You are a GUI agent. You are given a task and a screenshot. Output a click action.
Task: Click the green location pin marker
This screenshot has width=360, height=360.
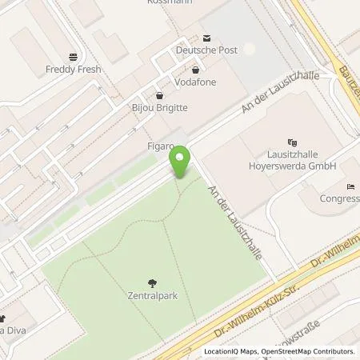click(182, 162)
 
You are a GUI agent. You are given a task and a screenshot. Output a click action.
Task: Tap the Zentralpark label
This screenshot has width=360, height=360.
click(152, 294)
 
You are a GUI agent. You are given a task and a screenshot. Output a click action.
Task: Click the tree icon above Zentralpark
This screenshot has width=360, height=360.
click(152, 282)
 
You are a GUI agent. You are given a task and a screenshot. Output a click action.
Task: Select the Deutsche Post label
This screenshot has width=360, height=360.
click(206, 50)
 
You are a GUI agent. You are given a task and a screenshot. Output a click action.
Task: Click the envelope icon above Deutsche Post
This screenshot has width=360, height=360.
click(206, 38)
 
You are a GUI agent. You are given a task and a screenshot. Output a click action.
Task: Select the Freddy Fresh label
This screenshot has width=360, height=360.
click(74, 70)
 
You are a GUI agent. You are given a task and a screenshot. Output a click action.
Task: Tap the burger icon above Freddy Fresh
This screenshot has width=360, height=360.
click(74, 58)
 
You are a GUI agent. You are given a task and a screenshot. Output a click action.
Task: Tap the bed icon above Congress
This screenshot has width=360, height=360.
click(351, 186)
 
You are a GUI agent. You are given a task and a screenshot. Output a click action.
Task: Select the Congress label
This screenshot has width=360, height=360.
click(339, 198)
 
